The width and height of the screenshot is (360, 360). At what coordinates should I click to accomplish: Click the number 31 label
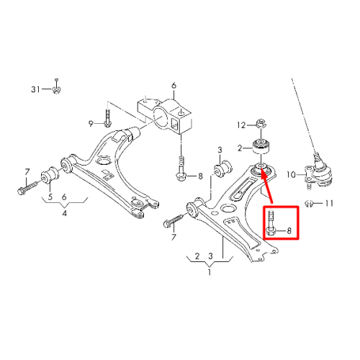point(35,89)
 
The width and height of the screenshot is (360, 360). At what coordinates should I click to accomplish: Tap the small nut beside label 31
point(56,89)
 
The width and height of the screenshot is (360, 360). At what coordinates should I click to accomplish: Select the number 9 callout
point(91,124)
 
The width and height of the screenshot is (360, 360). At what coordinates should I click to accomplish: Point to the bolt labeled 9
point(107,118)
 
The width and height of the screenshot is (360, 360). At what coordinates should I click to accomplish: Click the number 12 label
point(241,125)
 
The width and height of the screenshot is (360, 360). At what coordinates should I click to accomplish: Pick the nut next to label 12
point(261,124)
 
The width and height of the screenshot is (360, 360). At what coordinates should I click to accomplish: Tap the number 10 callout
point(291,174)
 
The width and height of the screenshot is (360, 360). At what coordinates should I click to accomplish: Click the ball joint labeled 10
point(318,171)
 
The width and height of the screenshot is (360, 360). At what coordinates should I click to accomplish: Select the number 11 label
point(329,204)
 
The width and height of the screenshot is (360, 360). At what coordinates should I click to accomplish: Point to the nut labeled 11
point(309,204)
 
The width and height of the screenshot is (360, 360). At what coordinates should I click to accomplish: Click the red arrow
point(266,186)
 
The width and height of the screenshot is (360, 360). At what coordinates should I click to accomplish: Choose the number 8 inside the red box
point(289,230)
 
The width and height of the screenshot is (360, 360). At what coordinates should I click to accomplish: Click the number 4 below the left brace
point(64,213)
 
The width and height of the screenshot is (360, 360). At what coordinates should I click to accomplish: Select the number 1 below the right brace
point(210,272)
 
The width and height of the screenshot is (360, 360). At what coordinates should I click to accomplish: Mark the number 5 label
point(50,197)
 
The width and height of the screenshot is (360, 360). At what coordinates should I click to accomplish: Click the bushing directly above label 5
point(50,175)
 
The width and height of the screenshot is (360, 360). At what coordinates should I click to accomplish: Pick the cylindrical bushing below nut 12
point(262,146)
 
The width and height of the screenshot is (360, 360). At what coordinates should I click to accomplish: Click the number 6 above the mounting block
point(174,85)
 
